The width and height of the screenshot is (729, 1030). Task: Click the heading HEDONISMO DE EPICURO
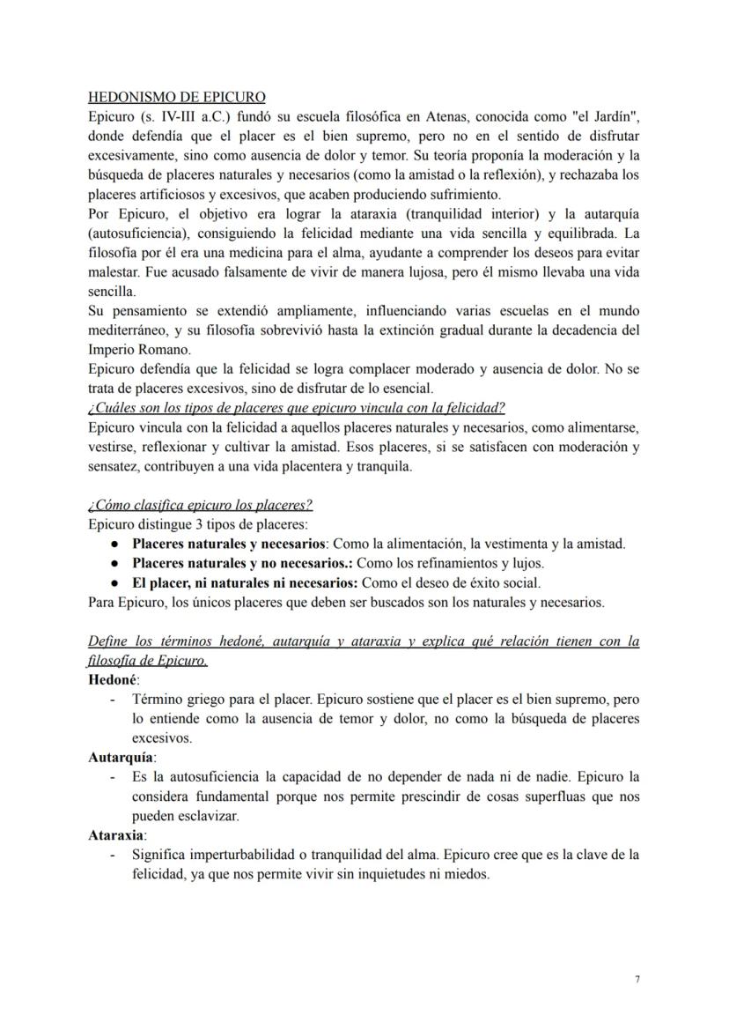(177, 97)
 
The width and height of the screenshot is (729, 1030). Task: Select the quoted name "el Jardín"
(603, 116)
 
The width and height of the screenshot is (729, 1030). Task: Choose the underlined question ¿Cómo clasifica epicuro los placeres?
(201, 505)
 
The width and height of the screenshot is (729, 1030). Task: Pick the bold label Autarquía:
(121, 757)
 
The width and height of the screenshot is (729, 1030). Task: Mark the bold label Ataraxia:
(118, 834)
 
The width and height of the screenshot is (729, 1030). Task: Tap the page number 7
(637, 979)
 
